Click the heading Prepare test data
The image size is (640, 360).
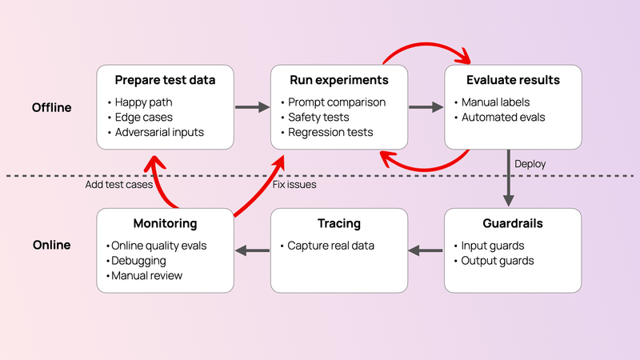pyautogui.click(x=165, y=80)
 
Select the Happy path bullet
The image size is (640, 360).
pyautogui.click(x=143, y=102)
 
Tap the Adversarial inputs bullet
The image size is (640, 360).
pyautogui.click(x=160, y=132)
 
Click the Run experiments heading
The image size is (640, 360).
pyautogui.click(x=340, y=80)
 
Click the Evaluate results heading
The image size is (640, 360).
pyautogui.click(x=513, y=80)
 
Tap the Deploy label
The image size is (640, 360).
pyautogui.click(x=530, y=163)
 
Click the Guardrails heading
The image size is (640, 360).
pyautogui.click(x=513, y=223)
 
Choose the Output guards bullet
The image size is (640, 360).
pyautogui.click(x=498, y=260)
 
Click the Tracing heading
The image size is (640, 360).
pyautogui.click(x=339, y=223)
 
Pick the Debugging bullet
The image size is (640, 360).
pyautogui.click(x=139, y=260)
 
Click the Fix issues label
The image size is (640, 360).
pyautogui.click(x=294, y=185)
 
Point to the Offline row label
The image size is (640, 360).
pyautogui.click(x=51, y=107)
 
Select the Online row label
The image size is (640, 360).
pyautogui.click(x=51, y=245)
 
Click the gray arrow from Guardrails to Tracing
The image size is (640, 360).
pyautogui.click(x=425, y=251)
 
